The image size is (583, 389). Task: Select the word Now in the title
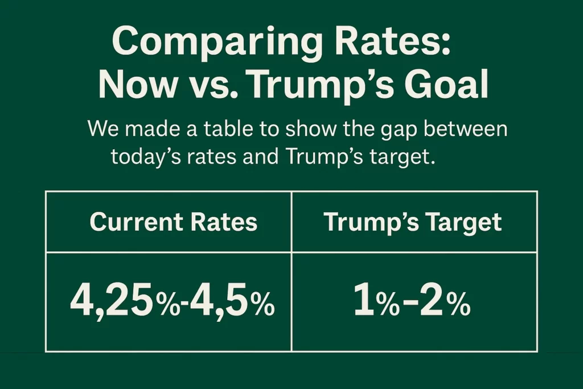click(x=137, y=86)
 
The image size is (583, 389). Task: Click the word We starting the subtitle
click(x=104, y=129)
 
